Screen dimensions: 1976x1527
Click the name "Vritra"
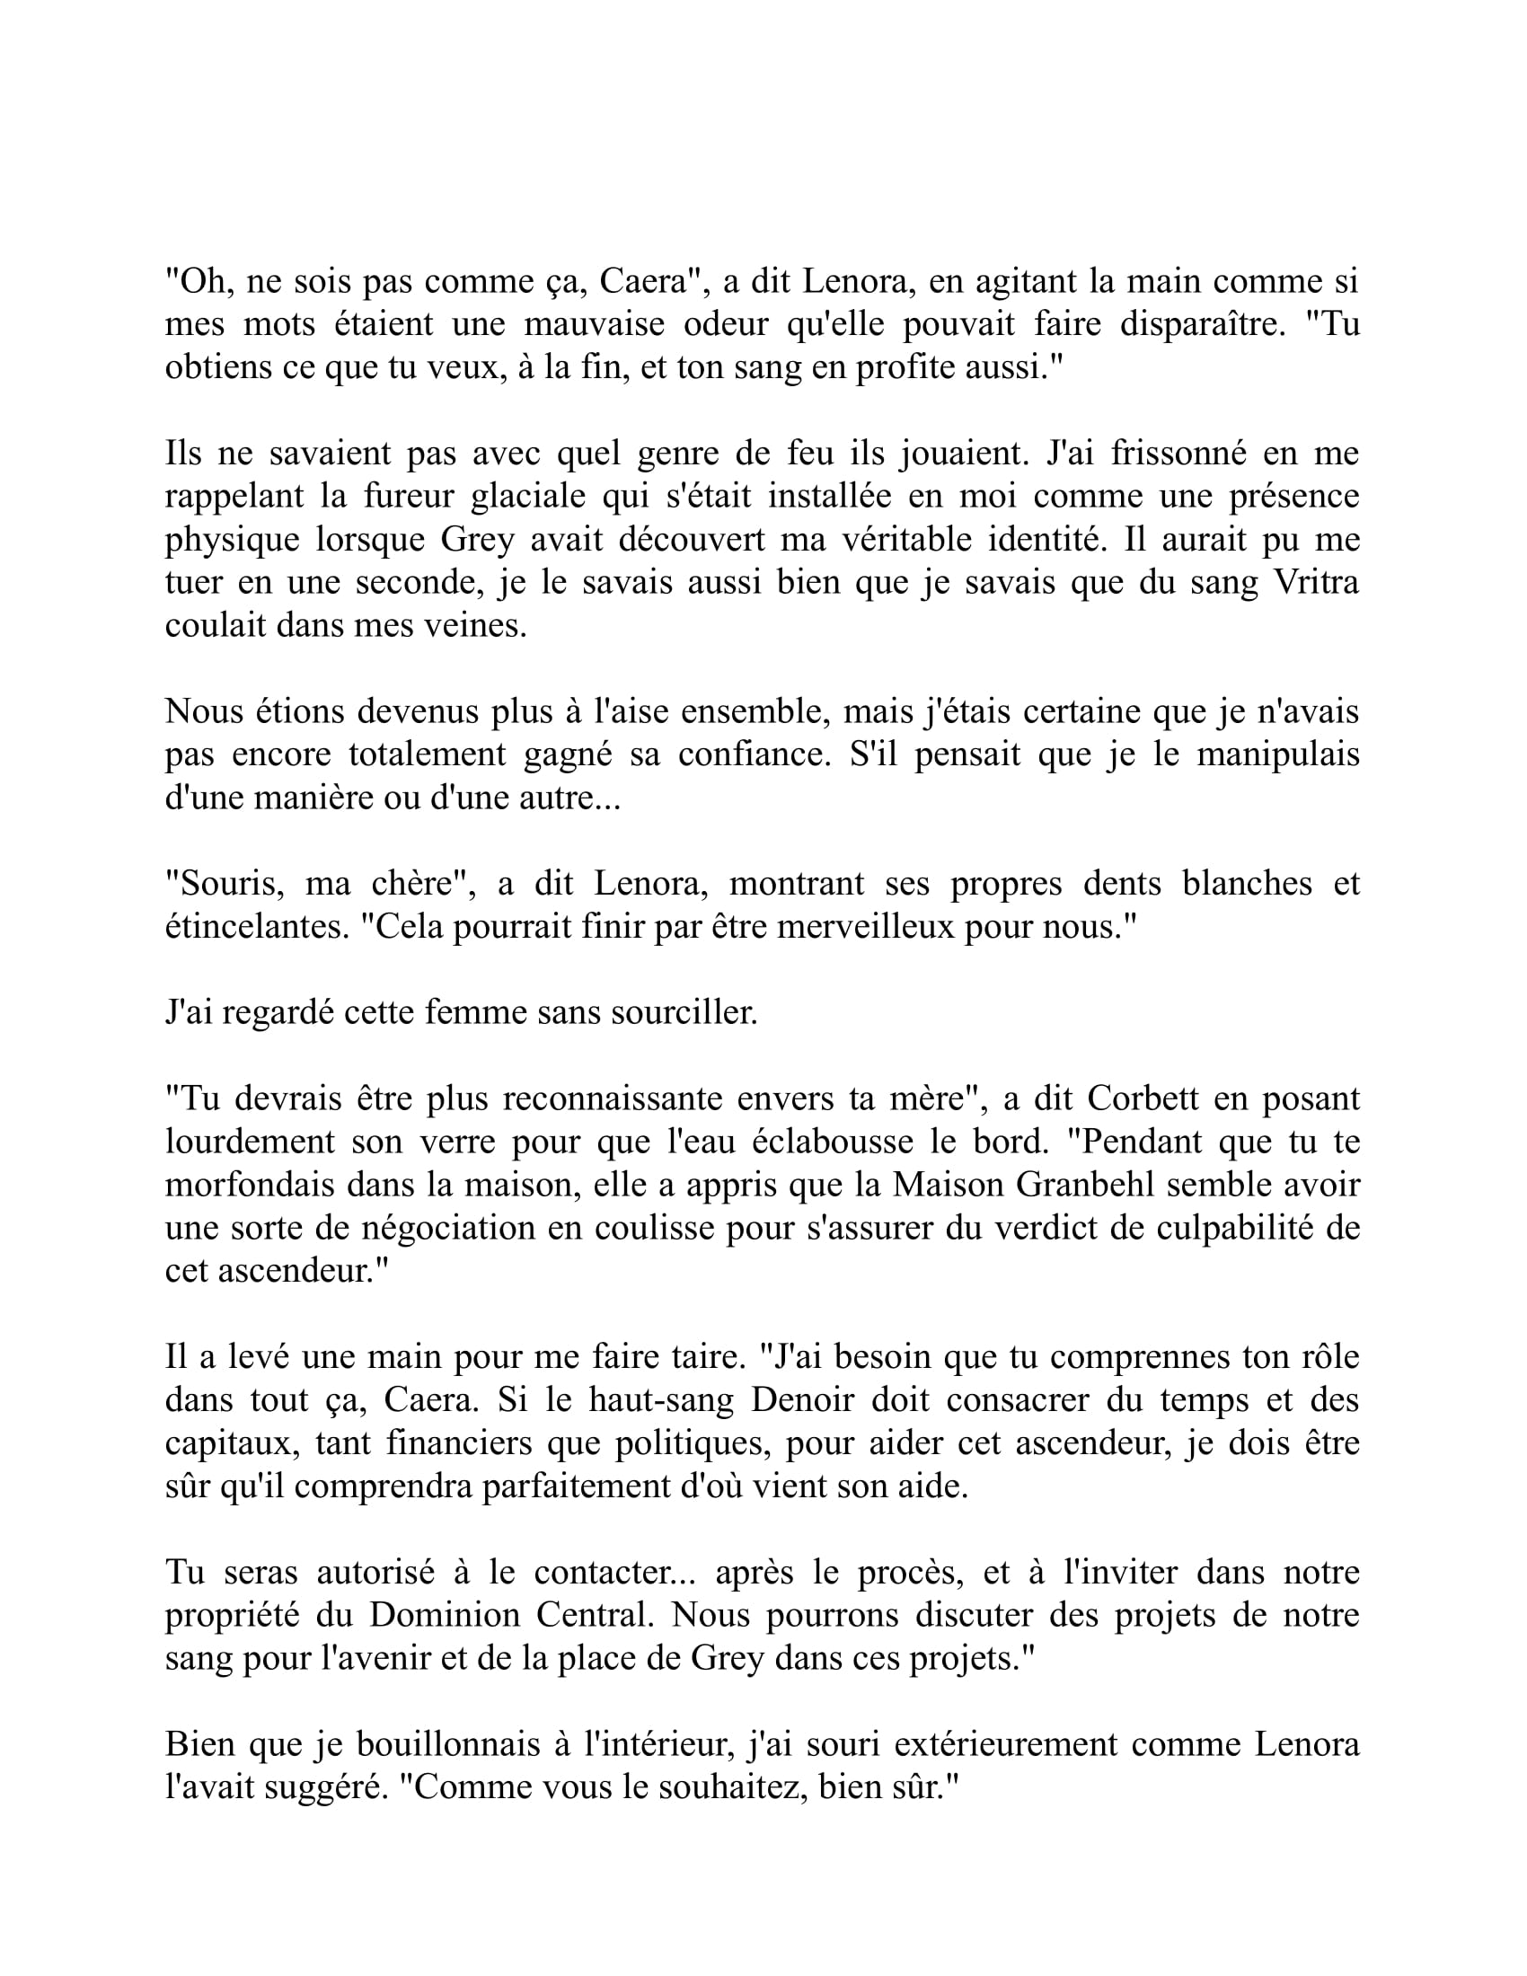[x=1315, y=582]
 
